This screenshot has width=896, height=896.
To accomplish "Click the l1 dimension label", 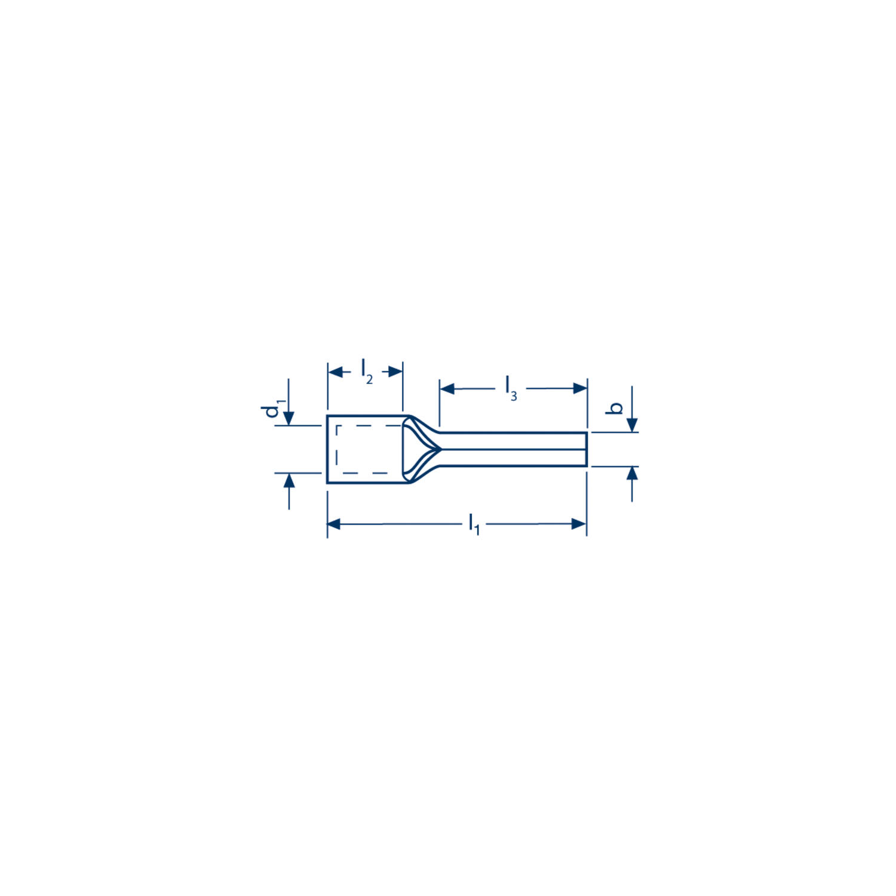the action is click(474, 524).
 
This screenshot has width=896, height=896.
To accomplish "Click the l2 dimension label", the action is click(367, 372).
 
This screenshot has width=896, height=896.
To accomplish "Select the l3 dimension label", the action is click(511, 388).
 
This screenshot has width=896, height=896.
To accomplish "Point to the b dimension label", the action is click(615, 409).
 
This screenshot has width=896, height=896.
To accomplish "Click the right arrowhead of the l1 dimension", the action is click(579, 524).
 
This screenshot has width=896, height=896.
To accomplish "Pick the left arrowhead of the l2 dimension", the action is click(336, 372).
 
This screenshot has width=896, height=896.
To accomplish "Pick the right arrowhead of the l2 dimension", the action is click(395, 372).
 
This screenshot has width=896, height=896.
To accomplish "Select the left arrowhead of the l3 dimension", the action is click(447, 389).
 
